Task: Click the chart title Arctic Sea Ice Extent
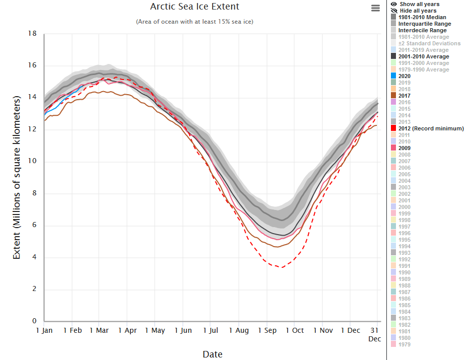[194, 7]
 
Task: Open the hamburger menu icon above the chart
[375, 8]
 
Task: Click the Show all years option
[419, 4]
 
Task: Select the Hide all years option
[418, 11]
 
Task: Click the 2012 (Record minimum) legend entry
[431, 128]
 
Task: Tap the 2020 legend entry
[404, 76]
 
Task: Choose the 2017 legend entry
[404, 96]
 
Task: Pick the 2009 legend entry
[404, 148]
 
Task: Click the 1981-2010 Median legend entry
[422, 17]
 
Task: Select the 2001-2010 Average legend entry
[423, 56]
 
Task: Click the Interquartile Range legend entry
[424, 24]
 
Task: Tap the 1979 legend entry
[404, 344]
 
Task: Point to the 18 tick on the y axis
[32, 34]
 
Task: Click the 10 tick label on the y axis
[32, 162]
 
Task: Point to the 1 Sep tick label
[267, 330]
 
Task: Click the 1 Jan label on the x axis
[44, 330]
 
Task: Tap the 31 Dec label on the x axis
[374, 334]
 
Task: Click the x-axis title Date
[212, 354]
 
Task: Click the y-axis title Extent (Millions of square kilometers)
[17, 177]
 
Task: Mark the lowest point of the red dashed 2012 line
[281, 267]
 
